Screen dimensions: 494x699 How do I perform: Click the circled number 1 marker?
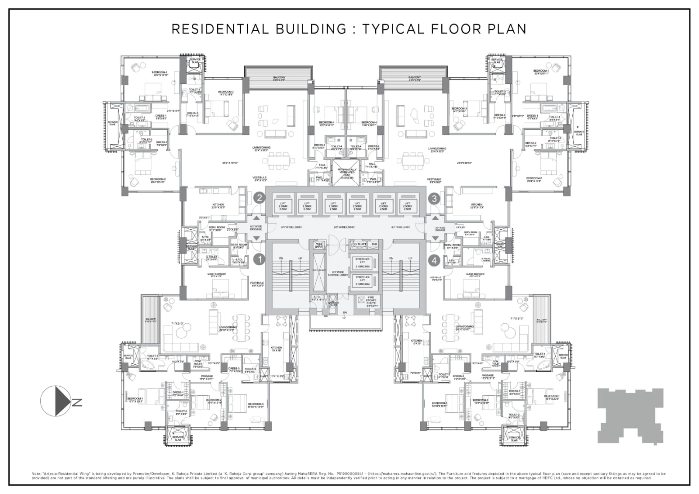tap(260, 259)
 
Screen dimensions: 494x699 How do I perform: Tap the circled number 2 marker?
tap(260, 198)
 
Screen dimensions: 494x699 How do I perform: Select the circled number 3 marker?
tap(434, 198)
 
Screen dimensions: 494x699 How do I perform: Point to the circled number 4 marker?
tap(434, 260)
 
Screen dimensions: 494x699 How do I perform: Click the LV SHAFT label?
tap(360, 244)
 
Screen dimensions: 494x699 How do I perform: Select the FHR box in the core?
tap(374, 244)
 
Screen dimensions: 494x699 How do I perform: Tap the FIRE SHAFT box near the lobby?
tap(319, 245)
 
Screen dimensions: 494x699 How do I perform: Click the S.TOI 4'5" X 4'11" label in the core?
tap(318, 298)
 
